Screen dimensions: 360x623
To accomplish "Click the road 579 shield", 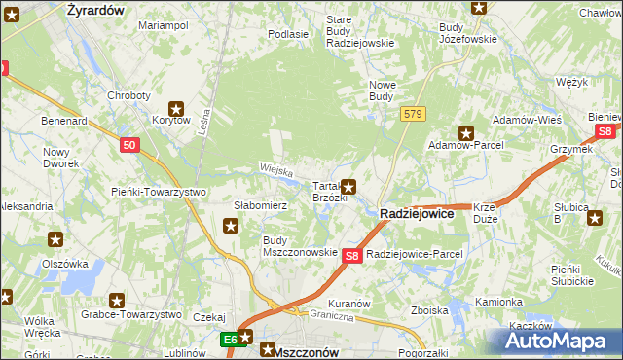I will [x=413, y=115].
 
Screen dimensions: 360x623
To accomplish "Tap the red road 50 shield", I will [x=131, y=145].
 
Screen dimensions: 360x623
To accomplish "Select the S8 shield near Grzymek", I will [x=605, y=131].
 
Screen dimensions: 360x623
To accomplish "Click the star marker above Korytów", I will [x=176, y=108].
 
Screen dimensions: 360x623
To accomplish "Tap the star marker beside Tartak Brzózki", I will [x=348, y=186].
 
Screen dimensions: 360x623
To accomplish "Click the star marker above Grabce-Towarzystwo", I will [x=118, y=302].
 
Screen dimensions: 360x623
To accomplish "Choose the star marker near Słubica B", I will [x=595, y=217].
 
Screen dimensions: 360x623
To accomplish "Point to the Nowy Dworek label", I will [x=60, y=158].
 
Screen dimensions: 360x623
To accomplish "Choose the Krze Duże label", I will [x=486, y=212].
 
